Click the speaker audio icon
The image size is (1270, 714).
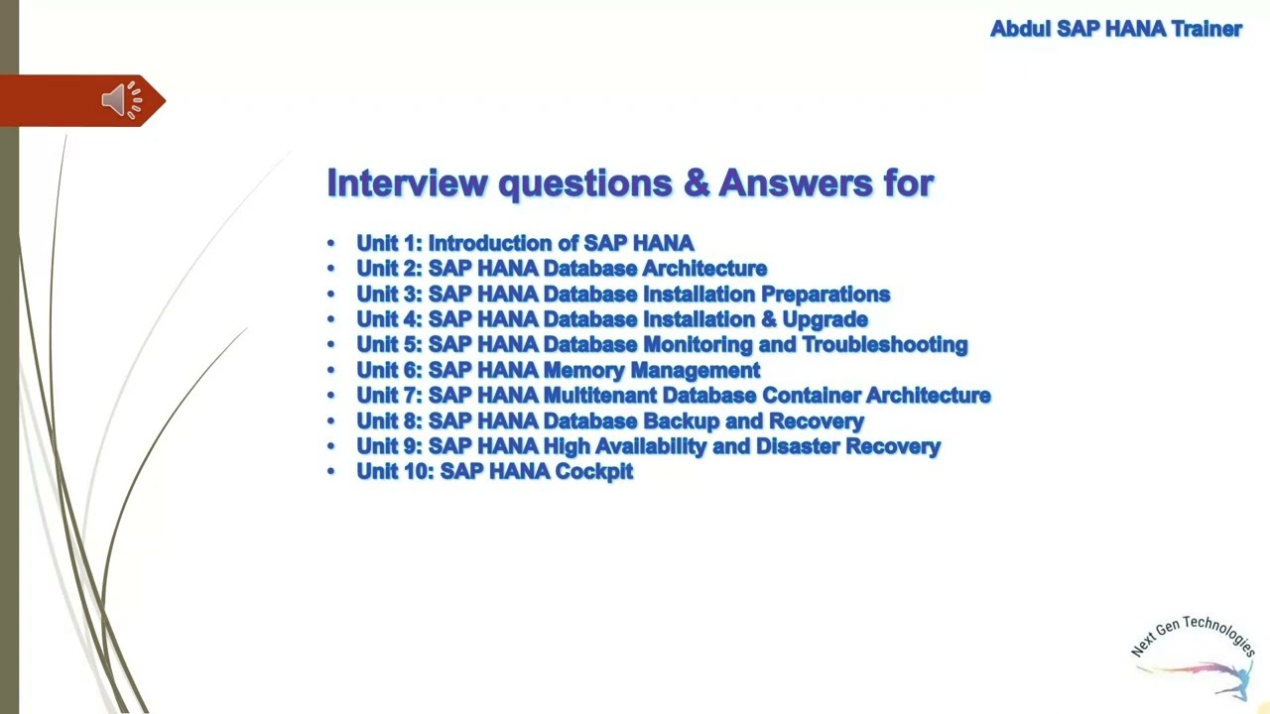point(121,100)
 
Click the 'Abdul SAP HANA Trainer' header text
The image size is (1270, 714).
point(1116,29)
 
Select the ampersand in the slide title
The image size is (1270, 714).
point(692,182)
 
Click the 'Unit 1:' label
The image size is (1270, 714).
point(389,243)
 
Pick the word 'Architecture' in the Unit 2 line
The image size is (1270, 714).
point(704,269)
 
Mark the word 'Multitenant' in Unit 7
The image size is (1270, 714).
point(598,396)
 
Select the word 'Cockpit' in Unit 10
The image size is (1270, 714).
point(593,472)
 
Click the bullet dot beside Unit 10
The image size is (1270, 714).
point(331,472)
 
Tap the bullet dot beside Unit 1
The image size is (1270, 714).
point(331,244)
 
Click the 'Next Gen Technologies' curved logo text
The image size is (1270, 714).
point(1193,633)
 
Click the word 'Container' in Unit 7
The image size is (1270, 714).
point(810,396)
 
